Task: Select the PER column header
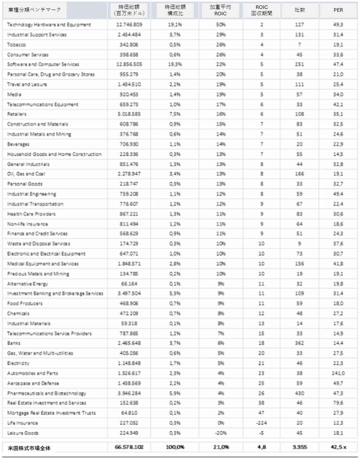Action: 338,10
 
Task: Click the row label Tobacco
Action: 16,45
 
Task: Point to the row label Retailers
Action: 17,114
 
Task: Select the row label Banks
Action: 14,343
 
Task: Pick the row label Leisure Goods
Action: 23,433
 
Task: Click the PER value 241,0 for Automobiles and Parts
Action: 338,373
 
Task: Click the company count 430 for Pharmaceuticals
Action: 300,393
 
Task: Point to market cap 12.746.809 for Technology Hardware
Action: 129,25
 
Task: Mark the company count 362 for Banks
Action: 300,343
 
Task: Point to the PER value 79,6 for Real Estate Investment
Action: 338,403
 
